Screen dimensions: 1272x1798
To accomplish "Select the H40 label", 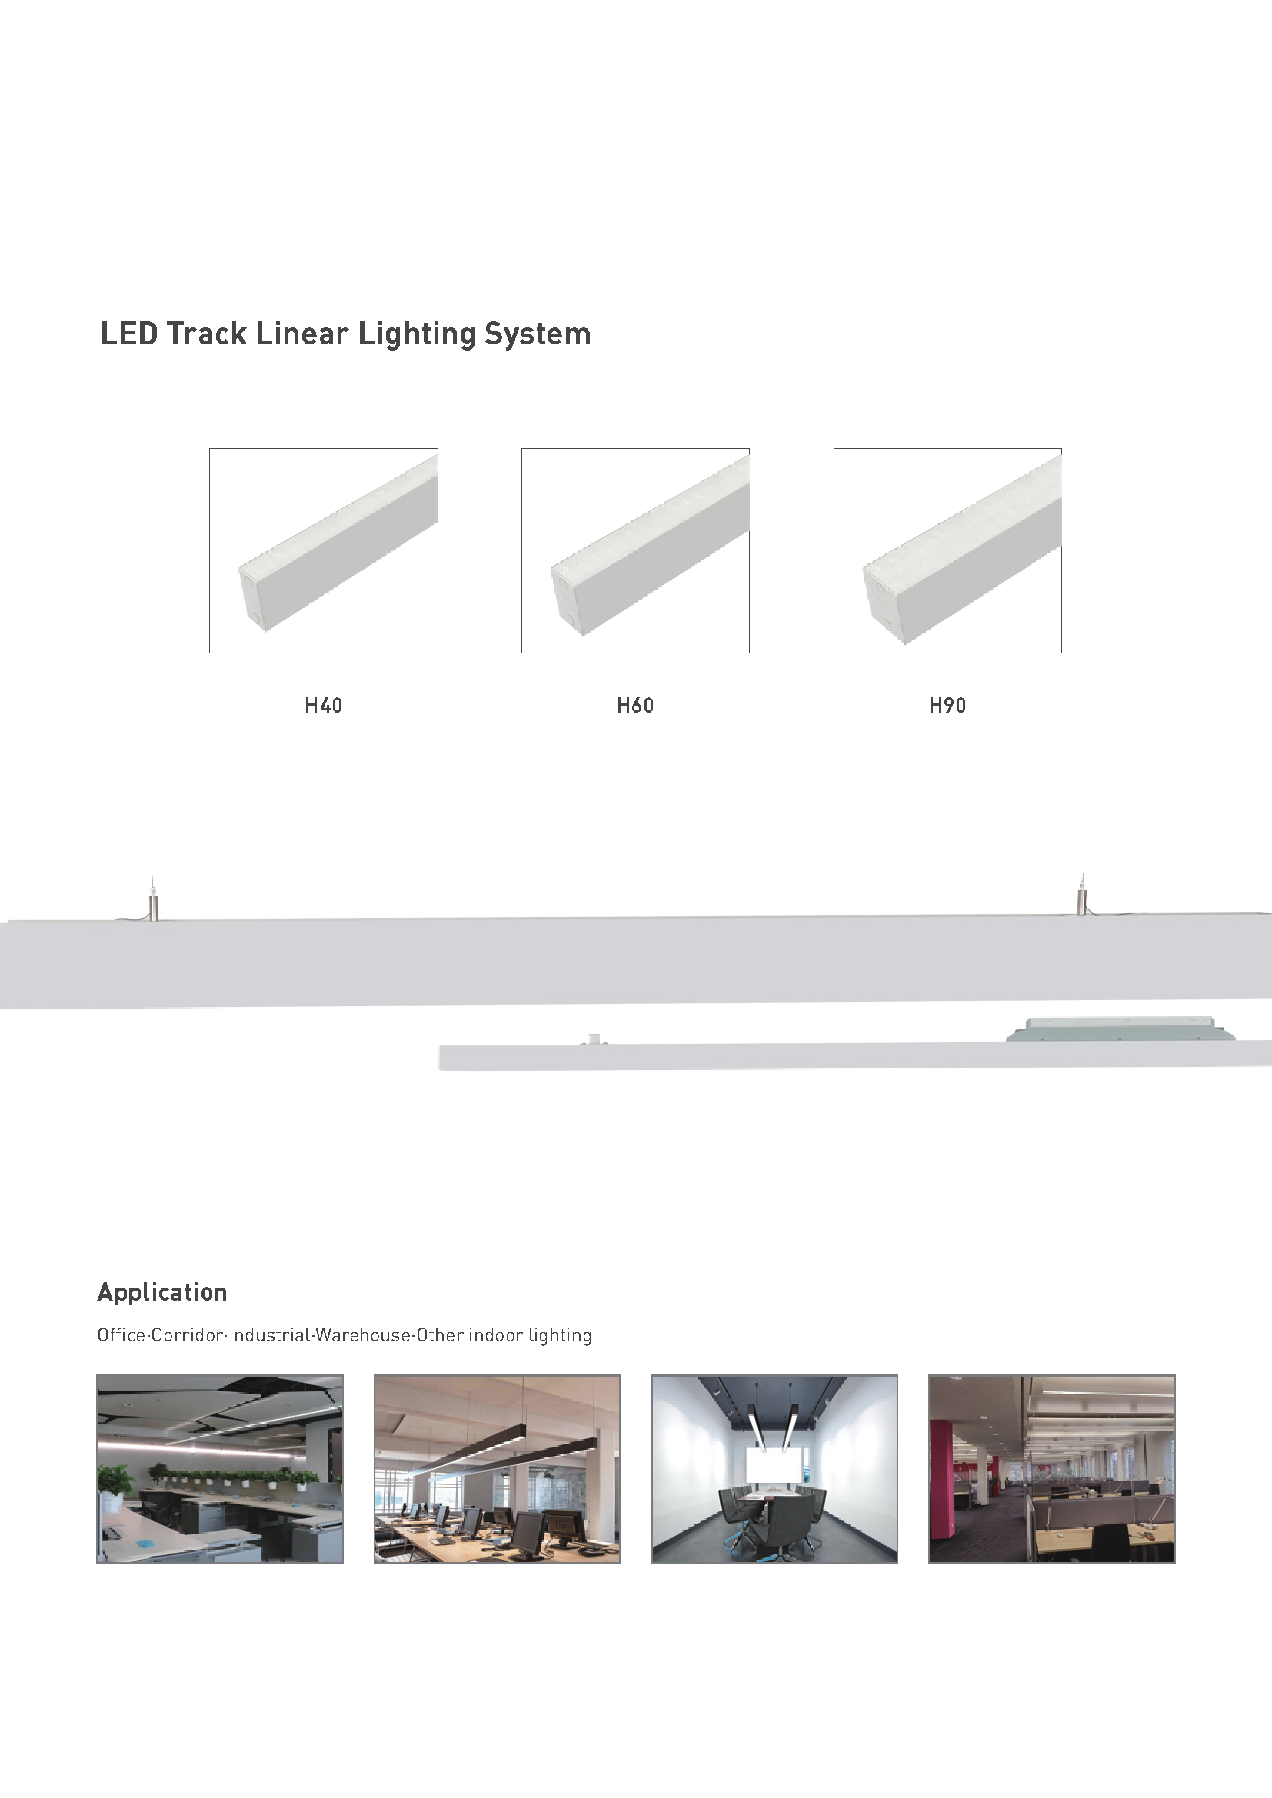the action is click(x=324, y=706).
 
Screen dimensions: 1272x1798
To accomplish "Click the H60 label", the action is click(x=635, y=706).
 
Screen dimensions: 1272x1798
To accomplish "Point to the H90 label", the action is click(x=947, y=706).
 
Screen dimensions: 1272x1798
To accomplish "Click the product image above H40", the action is click(x=324, y=550).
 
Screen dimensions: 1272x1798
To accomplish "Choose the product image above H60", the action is click(x=635, y=550).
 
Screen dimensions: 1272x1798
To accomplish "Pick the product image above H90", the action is click(x=947, y=550).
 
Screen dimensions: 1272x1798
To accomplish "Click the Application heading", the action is click(x=162, y=1293).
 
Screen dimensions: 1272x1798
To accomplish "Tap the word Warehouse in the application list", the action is click(x=363, y=1335).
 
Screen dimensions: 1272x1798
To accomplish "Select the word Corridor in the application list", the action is click(x=187, y=1335).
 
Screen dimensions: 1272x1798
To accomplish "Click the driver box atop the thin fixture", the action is click(x=1120, y=1029).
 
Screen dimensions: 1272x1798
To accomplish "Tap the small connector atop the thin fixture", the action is click(x=594, y=1039).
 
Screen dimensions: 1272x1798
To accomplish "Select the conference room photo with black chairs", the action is click(x=774, y=1469).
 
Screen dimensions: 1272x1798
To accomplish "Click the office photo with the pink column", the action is click(x=1052, y=1469).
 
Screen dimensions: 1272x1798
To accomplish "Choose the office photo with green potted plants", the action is click(x=220, y=1469).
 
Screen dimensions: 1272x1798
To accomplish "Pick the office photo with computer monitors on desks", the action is click(x=498, y=1469).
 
